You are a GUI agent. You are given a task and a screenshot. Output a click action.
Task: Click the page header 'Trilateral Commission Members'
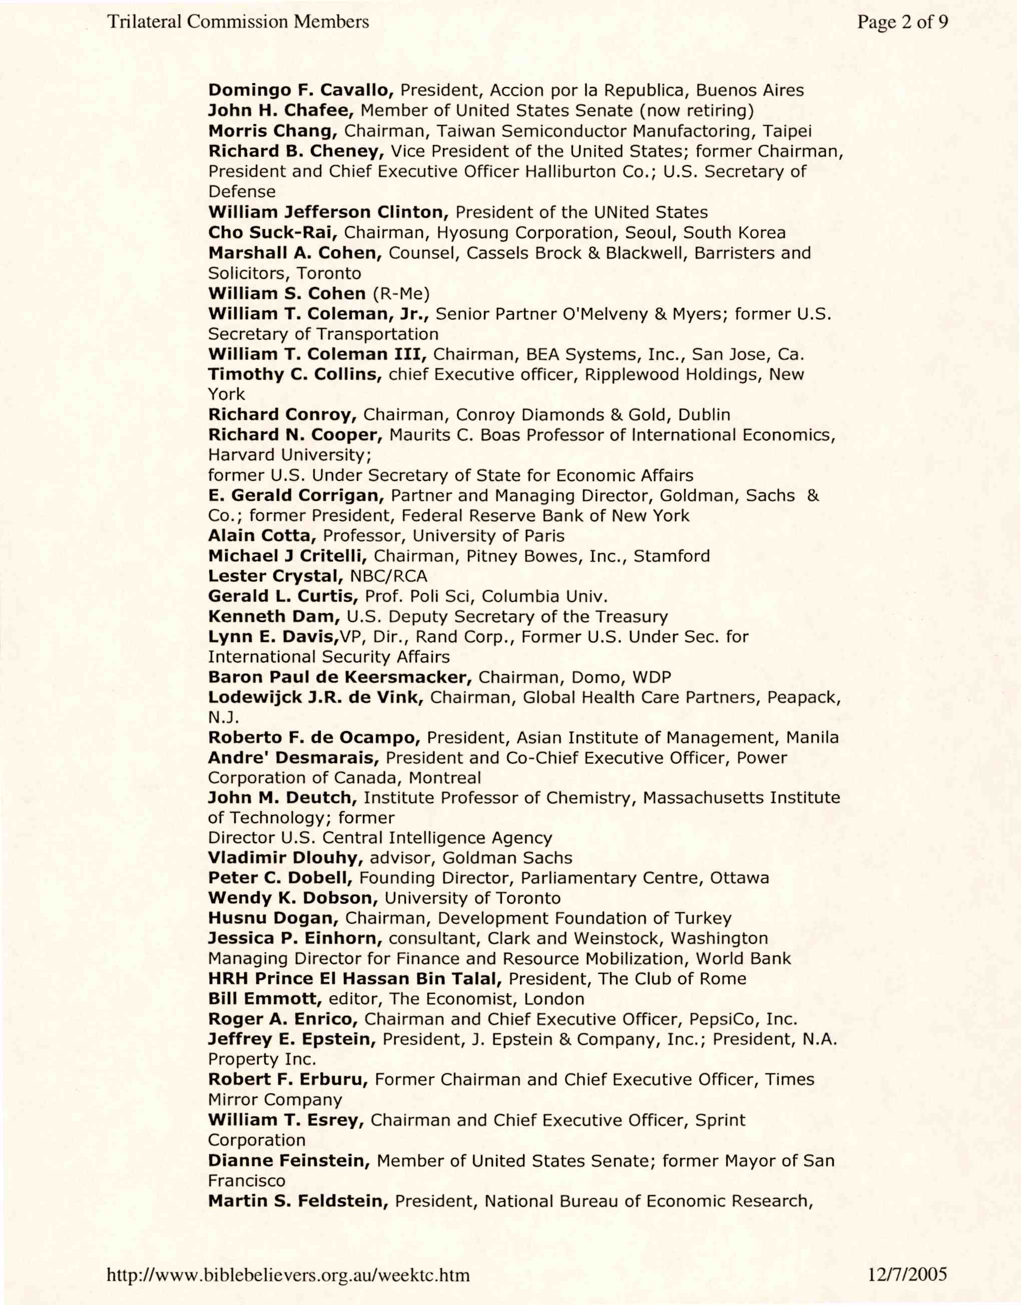click(x=238, y=22)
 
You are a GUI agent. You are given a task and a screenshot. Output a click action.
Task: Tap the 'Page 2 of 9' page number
click(x=903, y=22)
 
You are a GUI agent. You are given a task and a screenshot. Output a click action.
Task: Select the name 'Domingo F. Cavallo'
click(x=300, y=90)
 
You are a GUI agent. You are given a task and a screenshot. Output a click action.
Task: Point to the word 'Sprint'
click(x=720, y=1120)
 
